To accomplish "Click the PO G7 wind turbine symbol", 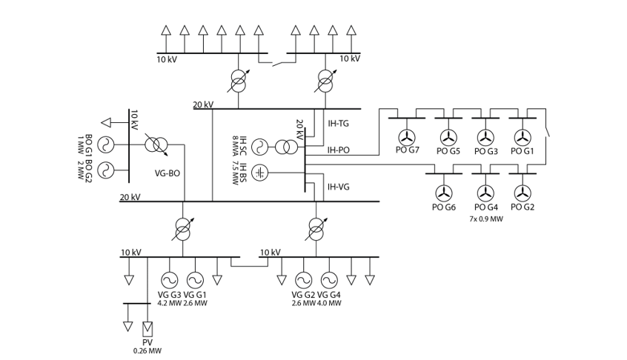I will coord(406,137).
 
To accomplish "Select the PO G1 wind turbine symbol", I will coord(522,137).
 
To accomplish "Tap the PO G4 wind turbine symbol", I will coord(485,193).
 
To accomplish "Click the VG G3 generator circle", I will coord(170,280).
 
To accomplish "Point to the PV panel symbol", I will coord(147,327).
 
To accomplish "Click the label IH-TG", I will coord(338,123).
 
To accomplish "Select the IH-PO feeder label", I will coord(339,150).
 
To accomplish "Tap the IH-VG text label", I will coord(339,187).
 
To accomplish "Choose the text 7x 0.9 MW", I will coord(485,219).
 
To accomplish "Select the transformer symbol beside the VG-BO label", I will coord(156,144).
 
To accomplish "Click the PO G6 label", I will coord(443,207).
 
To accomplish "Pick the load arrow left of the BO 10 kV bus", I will coord(107,122).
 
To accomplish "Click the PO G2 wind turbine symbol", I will coord(522,193).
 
